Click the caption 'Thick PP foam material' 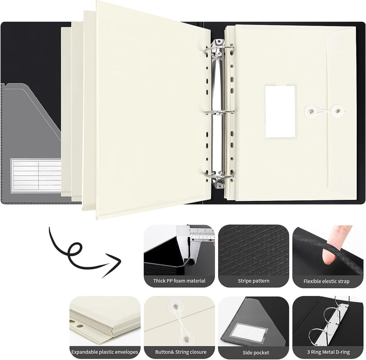[x=179, y=281]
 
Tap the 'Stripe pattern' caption [x=253, y=281]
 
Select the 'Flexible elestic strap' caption [x=326, y=281]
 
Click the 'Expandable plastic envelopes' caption [x=105, y=351]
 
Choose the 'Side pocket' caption [x=253, y=351]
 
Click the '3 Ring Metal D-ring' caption [x=326, y=351]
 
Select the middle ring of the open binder [x=220, y=111]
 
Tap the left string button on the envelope [x=309, y=109]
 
